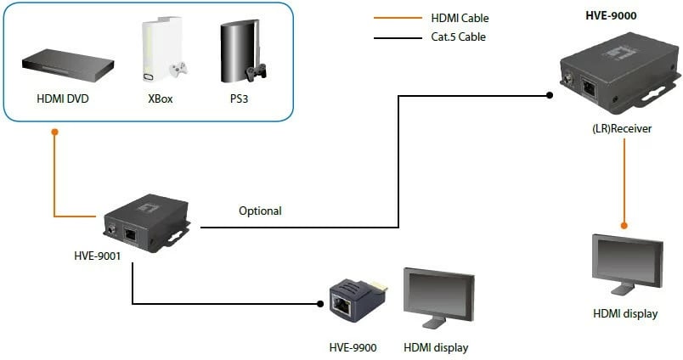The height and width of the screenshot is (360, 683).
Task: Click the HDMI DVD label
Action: (x=63, y=98)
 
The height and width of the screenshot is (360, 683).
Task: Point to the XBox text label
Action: (x=161, y=98)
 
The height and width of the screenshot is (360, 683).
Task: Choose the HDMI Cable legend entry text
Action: (x=460, y=18)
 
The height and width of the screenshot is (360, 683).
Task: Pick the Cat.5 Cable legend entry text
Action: (x=458, y=37)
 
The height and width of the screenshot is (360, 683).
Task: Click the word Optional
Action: (x=260, y=211)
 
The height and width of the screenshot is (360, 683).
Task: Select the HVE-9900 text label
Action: (x=353, y=347)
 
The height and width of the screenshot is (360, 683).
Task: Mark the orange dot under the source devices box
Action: (x=54, y=132)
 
